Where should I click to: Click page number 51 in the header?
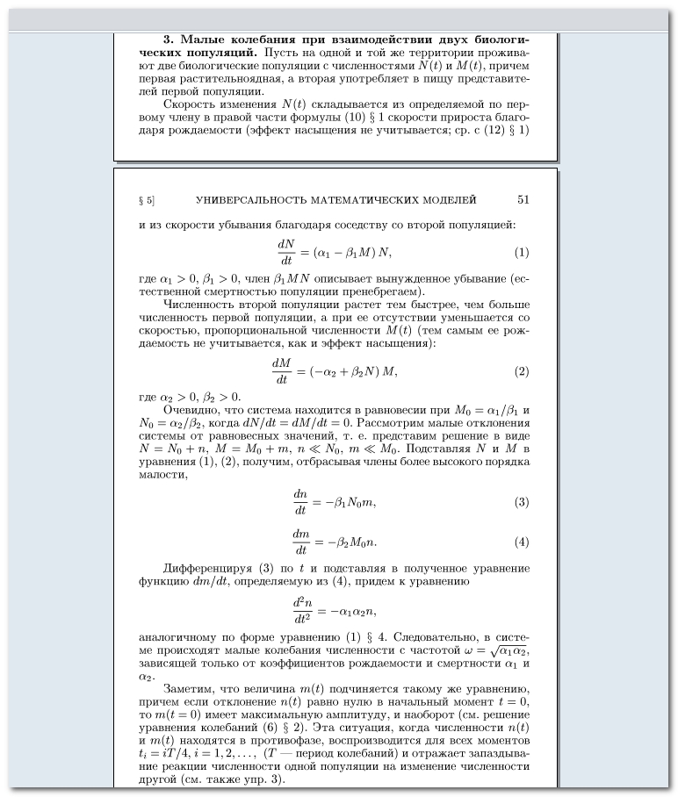[x=523, y=200]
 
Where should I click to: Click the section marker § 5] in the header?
[x=147, y=200]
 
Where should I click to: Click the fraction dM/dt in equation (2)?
[x=281, y=371]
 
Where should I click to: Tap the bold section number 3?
[x=169, y=39]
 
